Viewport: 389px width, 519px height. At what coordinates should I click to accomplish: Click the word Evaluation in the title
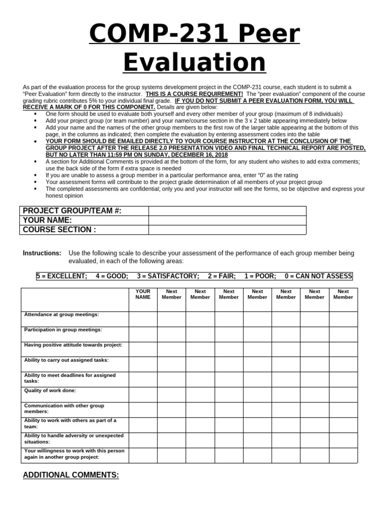click(194, 63)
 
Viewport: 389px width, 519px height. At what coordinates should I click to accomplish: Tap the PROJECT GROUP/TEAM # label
click(72, 211)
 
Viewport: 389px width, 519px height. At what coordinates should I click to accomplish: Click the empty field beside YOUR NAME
click(227, 220)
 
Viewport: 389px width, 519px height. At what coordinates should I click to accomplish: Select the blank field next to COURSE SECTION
click(227, 230)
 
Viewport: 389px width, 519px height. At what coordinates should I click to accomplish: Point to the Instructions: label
click(42, 253)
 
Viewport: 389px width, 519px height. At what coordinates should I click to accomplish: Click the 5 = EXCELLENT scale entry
click(62, 276)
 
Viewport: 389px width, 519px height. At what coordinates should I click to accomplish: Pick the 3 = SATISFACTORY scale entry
click(168, 276)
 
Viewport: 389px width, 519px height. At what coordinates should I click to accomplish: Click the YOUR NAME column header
click(143, 294)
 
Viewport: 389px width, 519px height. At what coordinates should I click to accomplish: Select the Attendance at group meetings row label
click(62, 315)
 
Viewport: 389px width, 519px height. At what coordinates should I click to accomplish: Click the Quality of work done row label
click(50, 391)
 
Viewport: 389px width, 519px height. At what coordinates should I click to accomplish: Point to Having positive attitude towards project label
click(73, 345)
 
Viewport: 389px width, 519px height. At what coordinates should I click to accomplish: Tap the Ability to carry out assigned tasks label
click(66, 360)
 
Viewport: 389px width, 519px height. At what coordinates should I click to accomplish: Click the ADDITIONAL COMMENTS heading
click(71, 475)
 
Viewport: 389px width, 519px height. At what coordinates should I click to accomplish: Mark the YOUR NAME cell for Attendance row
click(143, 319)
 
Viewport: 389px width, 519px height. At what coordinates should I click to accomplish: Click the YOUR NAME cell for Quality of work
click(143, 394)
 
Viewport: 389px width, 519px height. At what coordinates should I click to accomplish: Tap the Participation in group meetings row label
click(63, 330)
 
